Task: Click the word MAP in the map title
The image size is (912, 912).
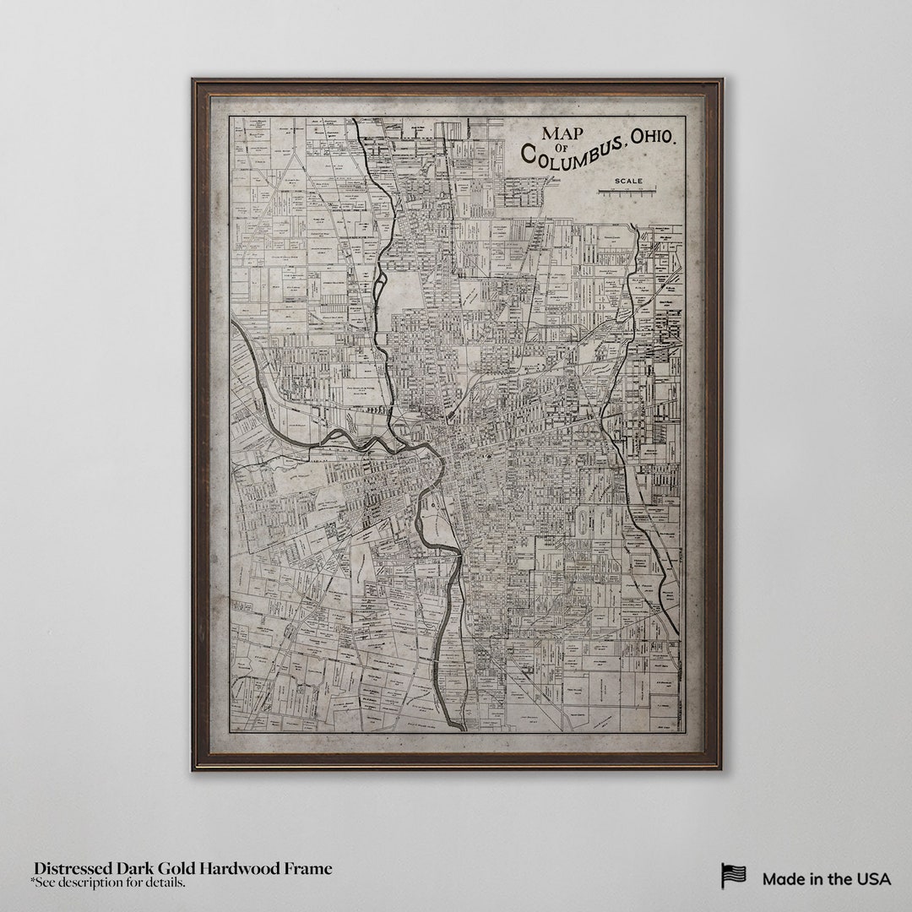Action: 563,133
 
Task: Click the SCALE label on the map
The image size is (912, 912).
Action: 628,181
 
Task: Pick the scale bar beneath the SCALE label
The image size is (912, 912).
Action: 628,192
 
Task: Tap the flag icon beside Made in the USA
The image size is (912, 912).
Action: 733,876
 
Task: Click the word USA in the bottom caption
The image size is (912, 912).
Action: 873,879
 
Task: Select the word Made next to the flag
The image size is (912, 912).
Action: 783,879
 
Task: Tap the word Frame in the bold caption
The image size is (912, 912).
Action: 308,869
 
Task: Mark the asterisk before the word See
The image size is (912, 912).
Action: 33,882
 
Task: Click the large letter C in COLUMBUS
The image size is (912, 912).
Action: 529,155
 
